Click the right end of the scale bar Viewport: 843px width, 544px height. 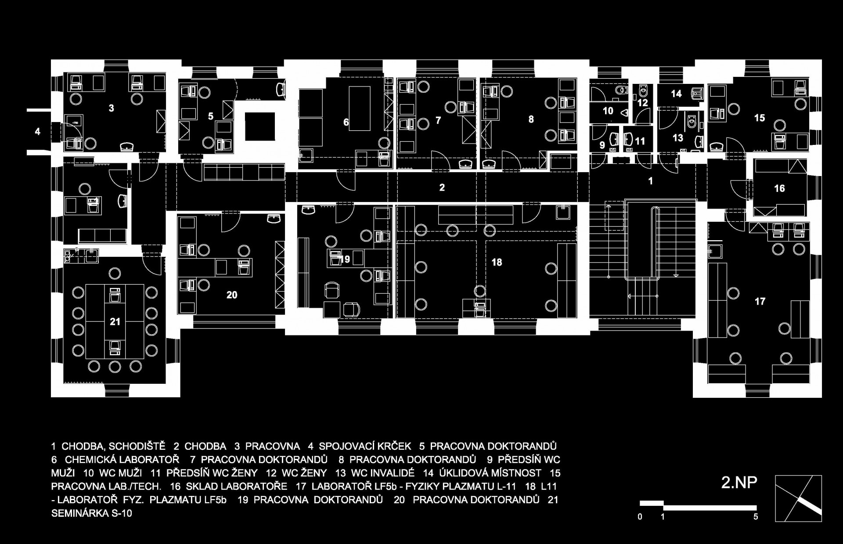click(x=756, y=508)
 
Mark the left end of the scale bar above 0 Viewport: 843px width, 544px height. click(x=640, y=503)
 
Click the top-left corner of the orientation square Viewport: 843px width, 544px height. click(x=775, y=476)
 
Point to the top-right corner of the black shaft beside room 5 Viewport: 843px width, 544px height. click(x=275, y=113)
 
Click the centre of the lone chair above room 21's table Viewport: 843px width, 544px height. click(x=115, y=274)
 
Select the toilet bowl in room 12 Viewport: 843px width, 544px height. click(x=643, y=91)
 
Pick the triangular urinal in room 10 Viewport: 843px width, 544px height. click(x=625, y=113)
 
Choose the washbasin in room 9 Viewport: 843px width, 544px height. click(x=615, y=139)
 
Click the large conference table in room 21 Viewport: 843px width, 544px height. click(x=115, y=321)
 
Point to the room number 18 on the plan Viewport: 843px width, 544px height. click(x=497, y=263)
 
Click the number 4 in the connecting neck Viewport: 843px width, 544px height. click(x=37, y=131)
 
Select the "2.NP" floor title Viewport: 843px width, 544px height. click(x=739, y=483)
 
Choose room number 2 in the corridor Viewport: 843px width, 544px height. click(x=442, y=187)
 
